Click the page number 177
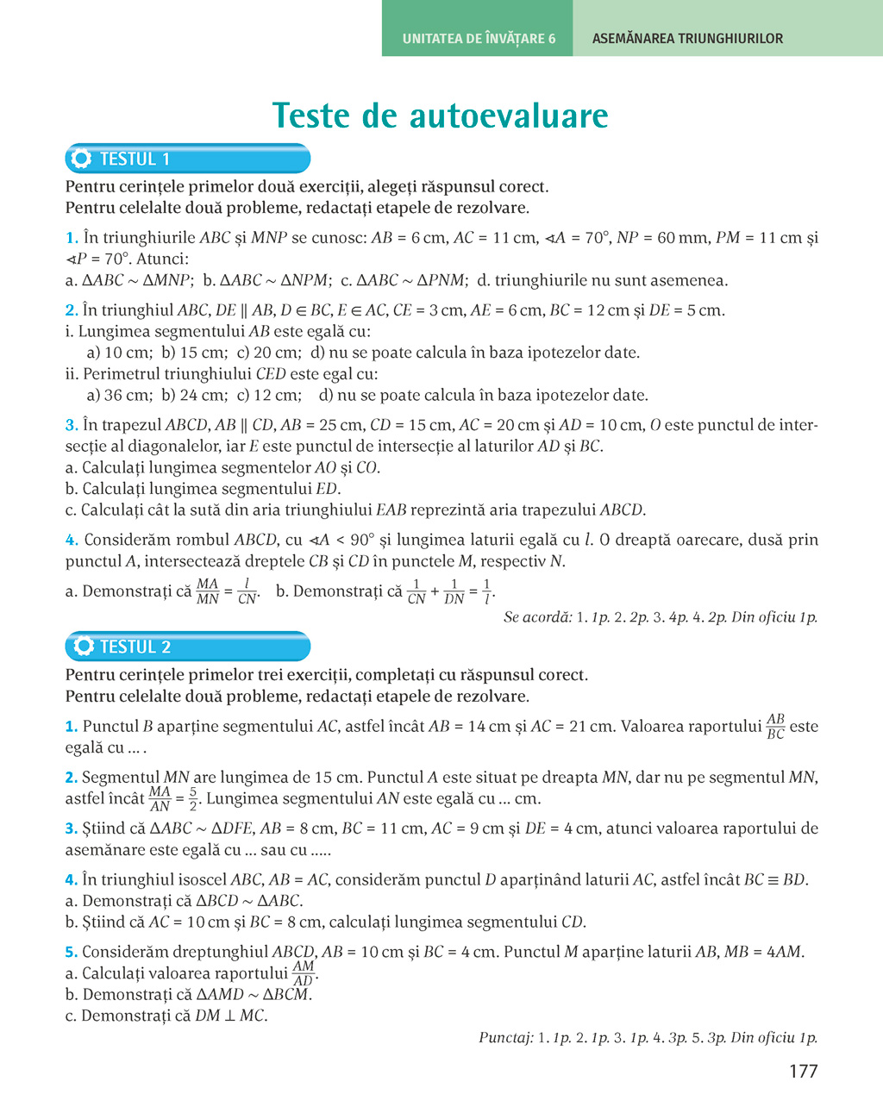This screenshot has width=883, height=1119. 803,1072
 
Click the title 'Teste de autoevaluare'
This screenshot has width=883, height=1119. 441,116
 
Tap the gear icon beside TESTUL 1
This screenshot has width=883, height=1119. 82,159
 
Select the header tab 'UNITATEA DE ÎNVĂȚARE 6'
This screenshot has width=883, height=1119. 479,39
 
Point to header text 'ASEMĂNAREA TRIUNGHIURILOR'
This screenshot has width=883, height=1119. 687,39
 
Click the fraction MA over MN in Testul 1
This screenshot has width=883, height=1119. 208,591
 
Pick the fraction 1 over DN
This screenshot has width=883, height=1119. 454,591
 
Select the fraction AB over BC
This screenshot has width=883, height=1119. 775,726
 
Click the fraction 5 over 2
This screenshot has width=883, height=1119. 193,798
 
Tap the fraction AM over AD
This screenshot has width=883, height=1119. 303,973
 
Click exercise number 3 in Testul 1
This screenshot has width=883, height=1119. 72,425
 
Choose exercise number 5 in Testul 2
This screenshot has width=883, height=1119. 72,953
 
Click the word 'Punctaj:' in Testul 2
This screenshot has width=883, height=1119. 505,1038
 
